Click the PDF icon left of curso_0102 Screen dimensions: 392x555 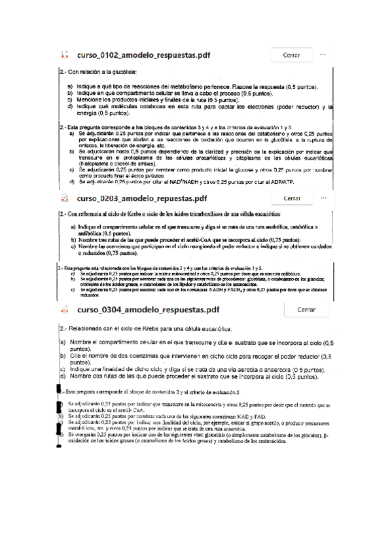(x=64, y=56)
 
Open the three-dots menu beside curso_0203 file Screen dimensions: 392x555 (x=323, y=197)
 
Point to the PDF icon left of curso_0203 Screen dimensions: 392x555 (x=64, y=198)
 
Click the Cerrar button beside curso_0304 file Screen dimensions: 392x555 (x=307, y=309)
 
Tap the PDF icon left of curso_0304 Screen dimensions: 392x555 (x=64, y=310)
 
